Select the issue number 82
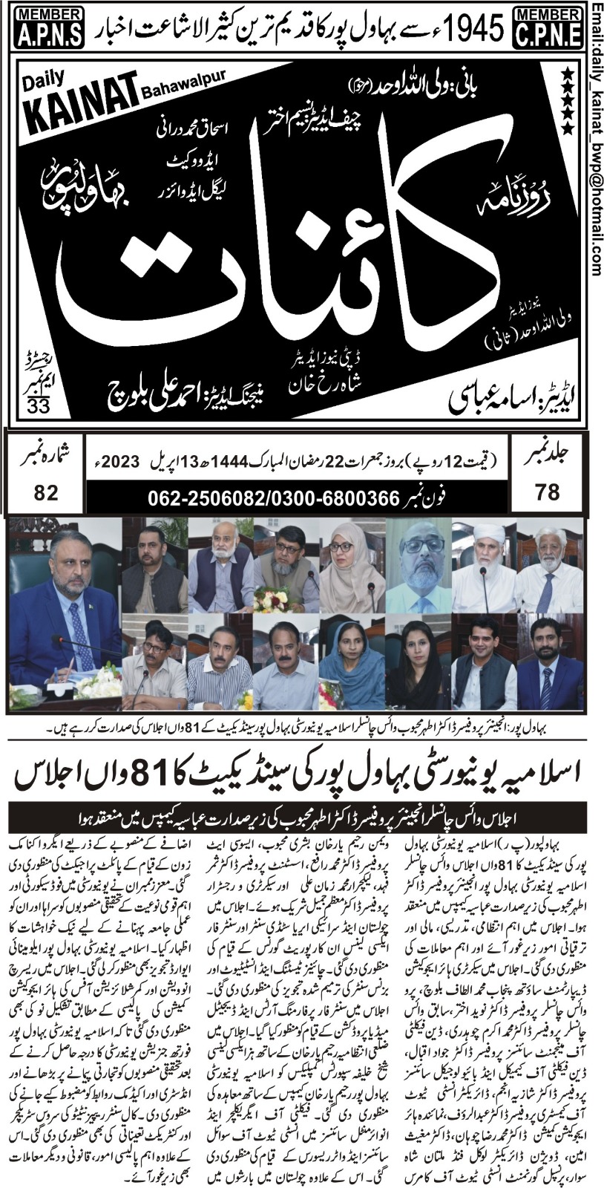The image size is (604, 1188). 45,492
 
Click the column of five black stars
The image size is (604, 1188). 567,101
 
